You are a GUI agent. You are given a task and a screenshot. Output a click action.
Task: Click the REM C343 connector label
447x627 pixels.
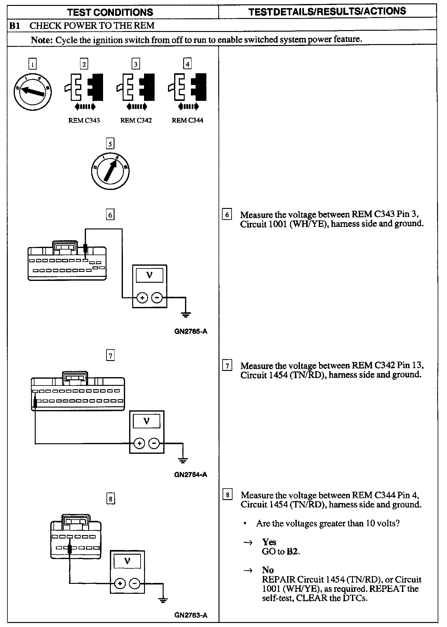click(x=84, y=120)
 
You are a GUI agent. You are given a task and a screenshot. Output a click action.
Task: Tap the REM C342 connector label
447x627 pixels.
click(x=136, y=120)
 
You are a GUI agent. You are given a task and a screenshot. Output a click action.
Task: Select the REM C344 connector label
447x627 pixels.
click(x=187, y=120)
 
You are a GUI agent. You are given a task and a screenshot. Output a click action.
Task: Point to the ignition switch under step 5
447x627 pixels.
click(x=111, y=171)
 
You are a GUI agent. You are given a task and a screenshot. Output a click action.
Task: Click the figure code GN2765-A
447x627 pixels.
click(x=191, y=332)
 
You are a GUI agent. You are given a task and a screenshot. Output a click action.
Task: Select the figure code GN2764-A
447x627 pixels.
click(x=191, y=474)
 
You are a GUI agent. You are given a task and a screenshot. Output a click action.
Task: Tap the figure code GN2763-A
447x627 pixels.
click(x=191, y=615)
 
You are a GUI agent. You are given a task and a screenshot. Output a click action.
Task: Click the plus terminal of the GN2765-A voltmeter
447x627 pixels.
click(x=142, y=298)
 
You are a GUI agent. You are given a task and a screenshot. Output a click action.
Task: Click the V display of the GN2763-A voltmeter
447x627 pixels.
click(x=127, y=561)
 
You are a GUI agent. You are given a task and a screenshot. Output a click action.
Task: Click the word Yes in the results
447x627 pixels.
click(x=269, y=542)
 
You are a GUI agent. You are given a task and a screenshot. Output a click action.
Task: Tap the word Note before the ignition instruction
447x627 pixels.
click(x=42, y=40)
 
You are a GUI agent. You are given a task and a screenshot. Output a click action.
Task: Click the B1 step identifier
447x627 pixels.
click(x=15, y=25)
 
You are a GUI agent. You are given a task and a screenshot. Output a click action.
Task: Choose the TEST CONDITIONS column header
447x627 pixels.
click(x=110, y=12)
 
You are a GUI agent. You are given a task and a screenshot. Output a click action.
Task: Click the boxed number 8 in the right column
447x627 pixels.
click(x=228, y=495)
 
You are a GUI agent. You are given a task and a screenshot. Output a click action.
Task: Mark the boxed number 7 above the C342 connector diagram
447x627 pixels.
click(x=111, y=355)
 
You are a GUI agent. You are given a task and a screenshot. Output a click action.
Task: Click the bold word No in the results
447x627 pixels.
click(x=268, y=570)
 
